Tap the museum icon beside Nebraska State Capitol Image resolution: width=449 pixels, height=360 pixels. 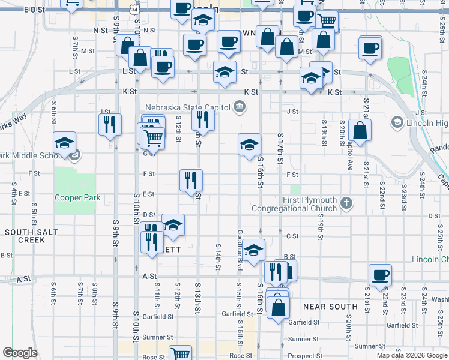coord(240,107)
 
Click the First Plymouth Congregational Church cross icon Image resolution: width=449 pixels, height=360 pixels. coord(346,203)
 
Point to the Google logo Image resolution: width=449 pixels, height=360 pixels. coord(19,353)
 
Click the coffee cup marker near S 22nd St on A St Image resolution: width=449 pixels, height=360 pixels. coord(380,275)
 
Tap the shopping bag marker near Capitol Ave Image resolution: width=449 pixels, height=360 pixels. coord(360,131)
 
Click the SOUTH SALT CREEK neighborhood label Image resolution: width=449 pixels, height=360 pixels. coord(25,235)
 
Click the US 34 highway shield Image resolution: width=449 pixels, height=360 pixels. coord(136,10)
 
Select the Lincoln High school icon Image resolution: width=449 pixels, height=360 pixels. coord(397,123)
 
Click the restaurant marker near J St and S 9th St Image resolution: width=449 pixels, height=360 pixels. coord(110,125)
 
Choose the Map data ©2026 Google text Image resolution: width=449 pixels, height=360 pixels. coord(411,355)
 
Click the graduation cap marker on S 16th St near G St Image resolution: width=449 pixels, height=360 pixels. coord(249,145)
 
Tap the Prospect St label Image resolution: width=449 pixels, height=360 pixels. coord(301,356)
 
